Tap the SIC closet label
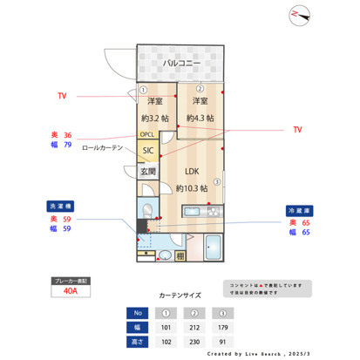tap(147, 150)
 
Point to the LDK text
tap(191, 171)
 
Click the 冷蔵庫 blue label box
tap(298, 211)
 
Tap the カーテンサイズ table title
tap(180, 295)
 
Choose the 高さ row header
tap(137, 343)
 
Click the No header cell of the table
tap(137, 312)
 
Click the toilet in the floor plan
tap(148, 210)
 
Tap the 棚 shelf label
tap(180, 255)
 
